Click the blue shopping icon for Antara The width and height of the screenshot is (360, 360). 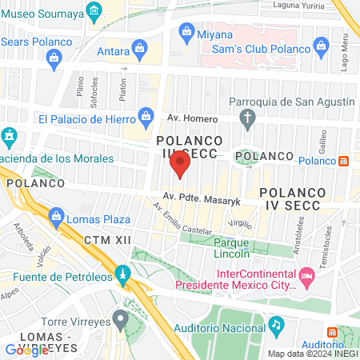click(140, 50)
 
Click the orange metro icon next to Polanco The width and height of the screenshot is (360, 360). click(344, 161)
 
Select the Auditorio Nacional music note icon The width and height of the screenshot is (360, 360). click(276, 325)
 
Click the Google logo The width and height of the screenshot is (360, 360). click(27, 350)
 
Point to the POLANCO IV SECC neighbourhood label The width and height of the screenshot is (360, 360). click(290, 199)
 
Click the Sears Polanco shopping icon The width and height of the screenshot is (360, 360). click(54, 57)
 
